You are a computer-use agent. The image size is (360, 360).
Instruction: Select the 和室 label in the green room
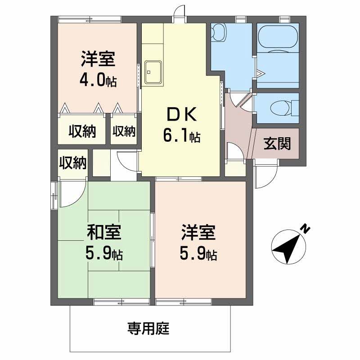point(103,234)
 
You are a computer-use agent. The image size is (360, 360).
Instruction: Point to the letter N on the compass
point(306,229)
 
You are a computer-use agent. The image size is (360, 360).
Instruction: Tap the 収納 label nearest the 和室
point(73,162)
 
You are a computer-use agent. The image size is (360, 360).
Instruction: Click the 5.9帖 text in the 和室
point(104,254)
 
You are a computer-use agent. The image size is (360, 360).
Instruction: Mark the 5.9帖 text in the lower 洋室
point(198,254)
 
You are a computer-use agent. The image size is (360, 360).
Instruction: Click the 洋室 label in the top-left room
point(98,59)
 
